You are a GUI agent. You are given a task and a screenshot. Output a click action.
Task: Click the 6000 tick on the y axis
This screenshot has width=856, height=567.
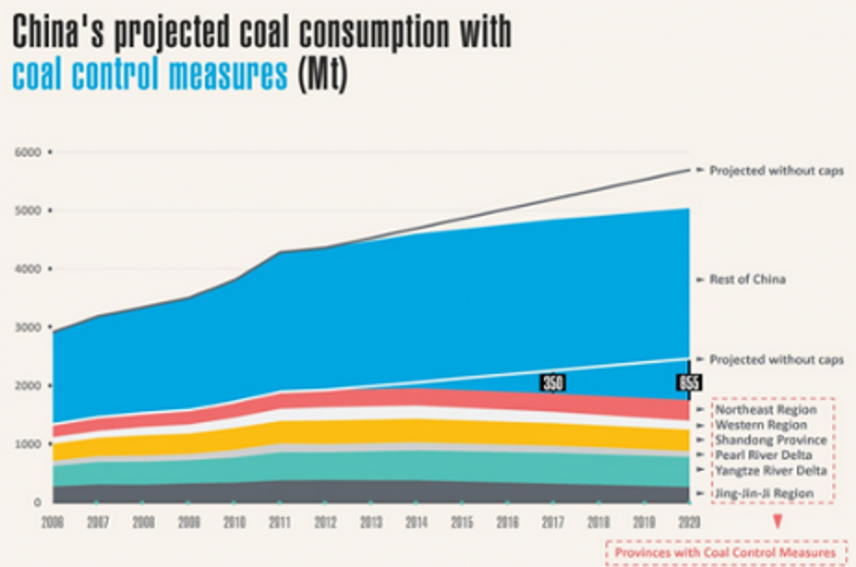pyautogui.click(x=28, y=152)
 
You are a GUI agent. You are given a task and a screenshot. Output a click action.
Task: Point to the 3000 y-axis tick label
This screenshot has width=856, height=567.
pyautogui.click(x=28, y=327)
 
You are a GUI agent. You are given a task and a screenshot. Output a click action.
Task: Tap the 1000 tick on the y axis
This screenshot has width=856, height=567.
pyautogui.click(x=28, y=444)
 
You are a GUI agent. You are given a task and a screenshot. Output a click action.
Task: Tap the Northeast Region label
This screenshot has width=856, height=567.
pyautogui.click(x=765, y=409)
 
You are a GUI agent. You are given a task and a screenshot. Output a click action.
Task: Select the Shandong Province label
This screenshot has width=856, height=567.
pyautogui.click(x=770, y=441)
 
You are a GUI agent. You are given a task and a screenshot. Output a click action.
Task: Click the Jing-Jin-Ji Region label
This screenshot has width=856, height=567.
pyautogui.click(x=764, y=494)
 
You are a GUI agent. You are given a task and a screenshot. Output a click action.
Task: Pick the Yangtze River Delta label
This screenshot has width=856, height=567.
pyautogui.click(x=770, y=471)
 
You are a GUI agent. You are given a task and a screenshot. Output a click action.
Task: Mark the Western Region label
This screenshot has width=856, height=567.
pyautogui.click(x=761, y=425)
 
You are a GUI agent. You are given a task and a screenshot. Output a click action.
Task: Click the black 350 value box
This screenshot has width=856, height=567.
pyautogui.click(x=551, y=382)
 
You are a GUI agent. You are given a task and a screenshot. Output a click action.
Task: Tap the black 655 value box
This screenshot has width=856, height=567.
pyautogui.click(x=689, y=382)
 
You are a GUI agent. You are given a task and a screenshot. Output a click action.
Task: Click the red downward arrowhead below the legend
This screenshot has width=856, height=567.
pyautogui.click(x=777, y=523)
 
